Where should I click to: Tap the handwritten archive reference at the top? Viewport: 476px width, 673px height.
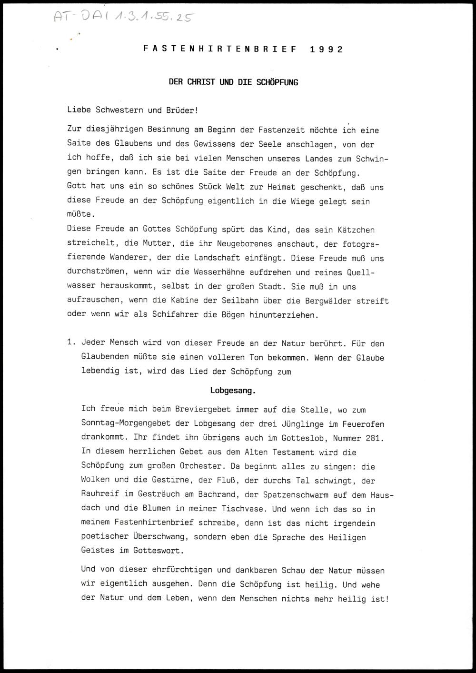click(x=123, y=17)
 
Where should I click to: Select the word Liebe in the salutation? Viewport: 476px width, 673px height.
click(x=79, y=110)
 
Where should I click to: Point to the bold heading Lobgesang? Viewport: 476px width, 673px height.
click(x=233, y=391)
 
